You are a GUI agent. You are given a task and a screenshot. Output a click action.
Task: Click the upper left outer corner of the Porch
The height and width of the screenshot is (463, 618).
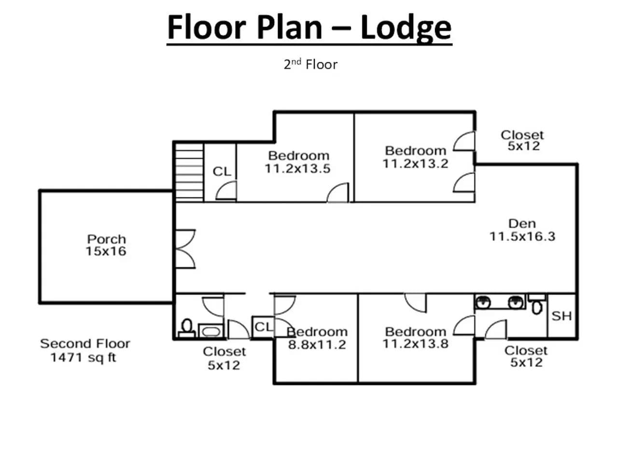[40, 191]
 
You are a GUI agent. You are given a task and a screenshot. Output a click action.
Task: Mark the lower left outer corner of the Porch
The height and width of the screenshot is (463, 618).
[40, 303]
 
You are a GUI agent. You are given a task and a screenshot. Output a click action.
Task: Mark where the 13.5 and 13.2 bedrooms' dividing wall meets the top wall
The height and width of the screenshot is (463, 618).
[354, 112]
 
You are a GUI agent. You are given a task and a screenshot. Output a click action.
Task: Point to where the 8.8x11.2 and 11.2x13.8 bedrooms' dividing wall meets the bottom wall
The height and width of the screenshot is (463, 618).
[358, 382]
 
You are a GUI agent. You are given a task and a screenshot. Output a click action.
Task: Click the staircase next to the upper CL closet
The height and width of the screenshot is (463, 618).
[189, 172]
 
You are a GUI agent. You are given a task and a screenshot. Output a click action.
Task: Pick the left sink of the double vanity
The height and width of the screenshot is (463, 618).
[483, 303]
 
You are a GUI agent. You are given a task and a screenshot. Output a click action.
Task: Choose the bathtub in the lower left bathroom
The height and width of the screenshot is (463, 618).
[211, 331]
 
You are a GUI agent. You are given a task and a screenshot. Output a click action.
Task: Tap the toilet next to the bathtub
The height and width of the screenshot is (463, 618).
[187, 328]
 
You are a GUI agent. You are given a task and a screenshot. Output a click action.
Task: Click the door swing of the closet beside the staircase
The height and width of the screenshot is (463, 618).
[226, 191]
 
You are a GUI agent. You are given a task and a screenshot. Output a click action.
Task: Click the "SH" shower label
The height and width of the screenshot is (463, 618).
[562, 316]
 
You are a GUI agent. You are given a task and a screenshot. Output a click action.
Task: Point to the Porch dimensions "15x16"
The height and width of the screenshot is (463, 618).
[106, 251]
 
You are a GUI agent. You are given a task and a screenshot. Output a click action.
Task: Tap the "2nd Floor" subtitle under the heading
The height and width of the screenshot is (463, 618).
[310, 64]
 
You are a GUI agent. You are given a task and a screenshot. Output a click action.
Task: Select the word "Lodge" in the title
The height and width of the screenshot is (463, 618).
[406, 28]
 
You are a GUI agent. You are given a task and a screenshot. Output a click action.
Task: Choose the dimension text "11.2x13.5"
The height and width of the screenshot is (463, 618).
[297, 169]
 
